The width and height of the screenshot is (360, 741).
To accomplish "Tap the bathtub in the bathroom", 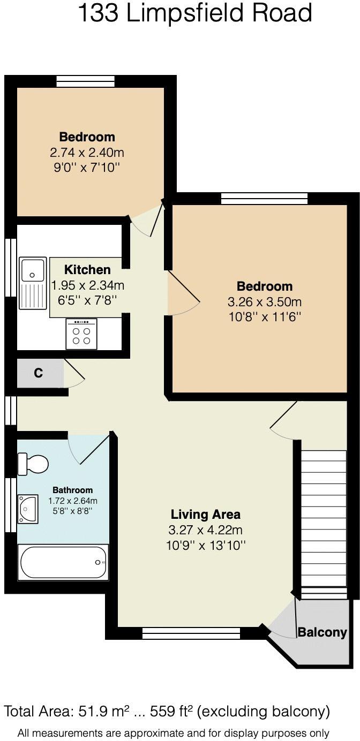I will pos(63,562).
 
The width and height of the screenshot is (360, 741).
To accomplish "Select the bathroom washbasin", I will pos(27,508).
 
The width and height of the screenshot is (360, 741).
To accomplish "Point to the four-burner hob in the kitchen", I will pos(81,334).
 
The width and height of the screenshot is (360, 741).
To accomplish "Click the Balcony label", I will pos(322,632).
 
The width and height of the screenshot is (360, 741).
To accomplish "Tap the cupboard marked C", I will pos(39,373).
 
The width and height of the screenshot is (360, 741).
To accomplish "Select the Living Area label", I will pos(205,515).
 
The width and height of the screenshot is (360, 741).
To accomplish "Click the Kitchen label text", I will pos(87,270).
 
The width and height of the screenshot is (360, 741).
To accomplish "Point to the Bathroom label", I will pos(72,490).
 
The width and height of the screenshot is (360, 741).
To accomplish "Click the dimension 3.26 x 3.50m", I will pos(265,301).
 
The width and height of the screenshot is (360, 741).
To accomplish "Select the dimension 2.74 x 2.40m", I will pos(87,153).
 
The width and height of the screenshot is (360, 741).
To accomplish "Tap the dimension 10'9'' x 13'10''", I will pos(205,546).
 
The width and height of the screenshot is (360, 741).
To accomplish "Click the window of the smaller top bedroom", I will pos(86,81).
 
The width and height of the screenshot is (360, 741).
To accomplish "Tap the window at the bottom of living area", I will pos(191,634).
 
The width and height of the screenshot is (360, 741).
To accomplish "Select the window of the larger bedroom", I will pos(265,199).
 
